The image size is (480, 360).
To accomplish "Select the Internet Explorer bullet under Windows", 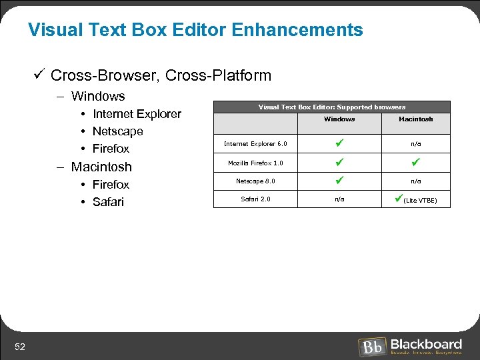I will point(137,114).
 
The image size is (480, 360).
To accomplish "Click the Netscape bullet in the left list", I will point(117,131).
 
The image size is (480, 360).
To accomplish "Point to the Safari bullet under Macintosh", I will point(108,202).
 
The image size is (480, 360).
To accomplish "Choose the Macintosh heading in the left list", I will point(101,167).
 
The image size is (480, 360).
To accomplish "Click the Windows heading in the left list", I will point(98,97).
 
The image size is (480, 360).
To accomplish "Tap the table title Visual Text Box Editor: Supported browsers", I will point(331,107).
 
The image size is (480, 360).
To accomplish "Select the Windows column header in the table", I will point(339,119).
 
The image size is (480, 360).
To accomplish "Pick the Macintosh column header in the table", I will point(415,119).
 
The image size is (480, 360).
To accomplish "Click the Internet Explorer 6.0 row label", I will point(255,144).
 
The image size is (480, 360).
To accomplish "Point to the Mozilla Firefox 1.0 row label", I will point(255,163).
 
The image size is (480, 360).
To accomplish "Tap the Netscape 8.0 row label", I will point(255,181).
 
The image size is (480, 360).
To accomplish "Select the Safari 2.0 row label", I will point(255,199).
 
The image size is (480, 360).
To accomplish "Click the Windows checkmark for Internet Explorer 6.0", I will point(339,143).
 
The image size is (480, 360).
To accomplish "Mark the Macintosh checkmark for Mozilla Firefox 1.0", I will point(415,161).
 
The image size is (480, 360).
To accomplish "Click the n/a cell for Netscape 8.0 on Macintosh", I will point(415,181).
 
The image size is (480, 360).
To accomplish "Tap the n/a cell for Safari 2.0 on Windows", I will point(339,199).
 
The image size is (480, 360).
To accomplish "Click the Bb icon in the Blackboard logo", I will point(372,347).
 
